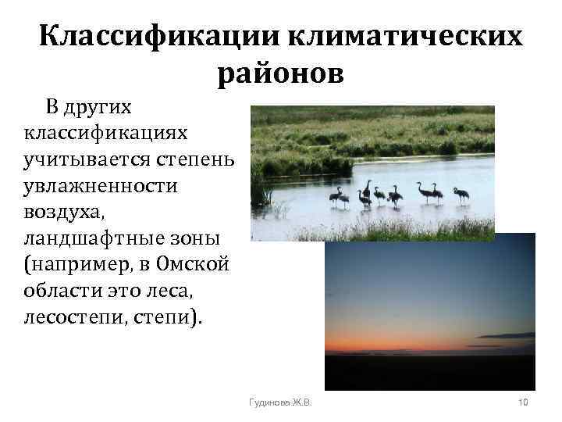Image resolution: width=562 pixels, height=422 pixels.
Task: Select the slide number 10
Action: (x=523, y=402)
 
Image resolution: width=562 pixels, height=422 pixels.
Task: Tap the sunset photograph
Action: (x=429, y=313)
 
